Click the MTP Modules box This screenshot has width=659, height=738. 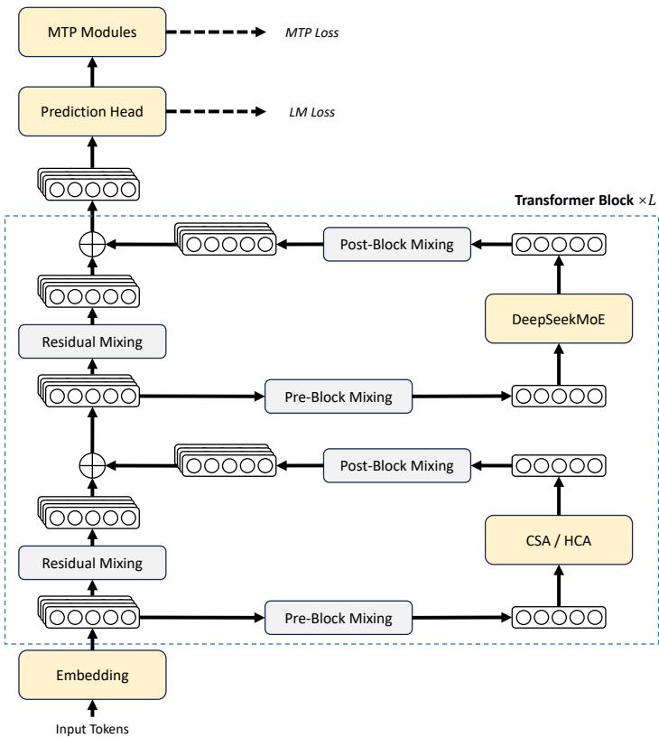92,33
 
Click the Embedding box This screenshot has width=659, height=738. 92,673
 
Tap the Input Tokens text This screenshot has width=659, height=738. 92,729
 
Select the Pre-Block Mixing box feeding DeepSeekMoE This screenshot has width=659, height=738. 338,395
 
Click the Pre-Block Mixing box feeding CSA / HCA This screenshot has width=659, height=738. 338,619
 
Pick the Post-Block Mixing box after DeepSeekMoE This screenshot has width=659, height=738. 397,244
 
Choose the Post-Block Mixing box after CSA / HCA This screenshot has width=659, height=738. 397,466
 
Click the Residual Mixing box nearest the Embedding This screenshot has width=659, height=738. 92,564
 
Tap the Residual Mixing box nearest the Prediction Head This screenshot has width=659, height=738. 92,340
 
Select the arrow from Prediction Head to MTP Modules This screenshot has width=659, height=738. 92,72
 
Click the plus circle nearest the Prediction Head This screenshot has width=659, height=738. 92,244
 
